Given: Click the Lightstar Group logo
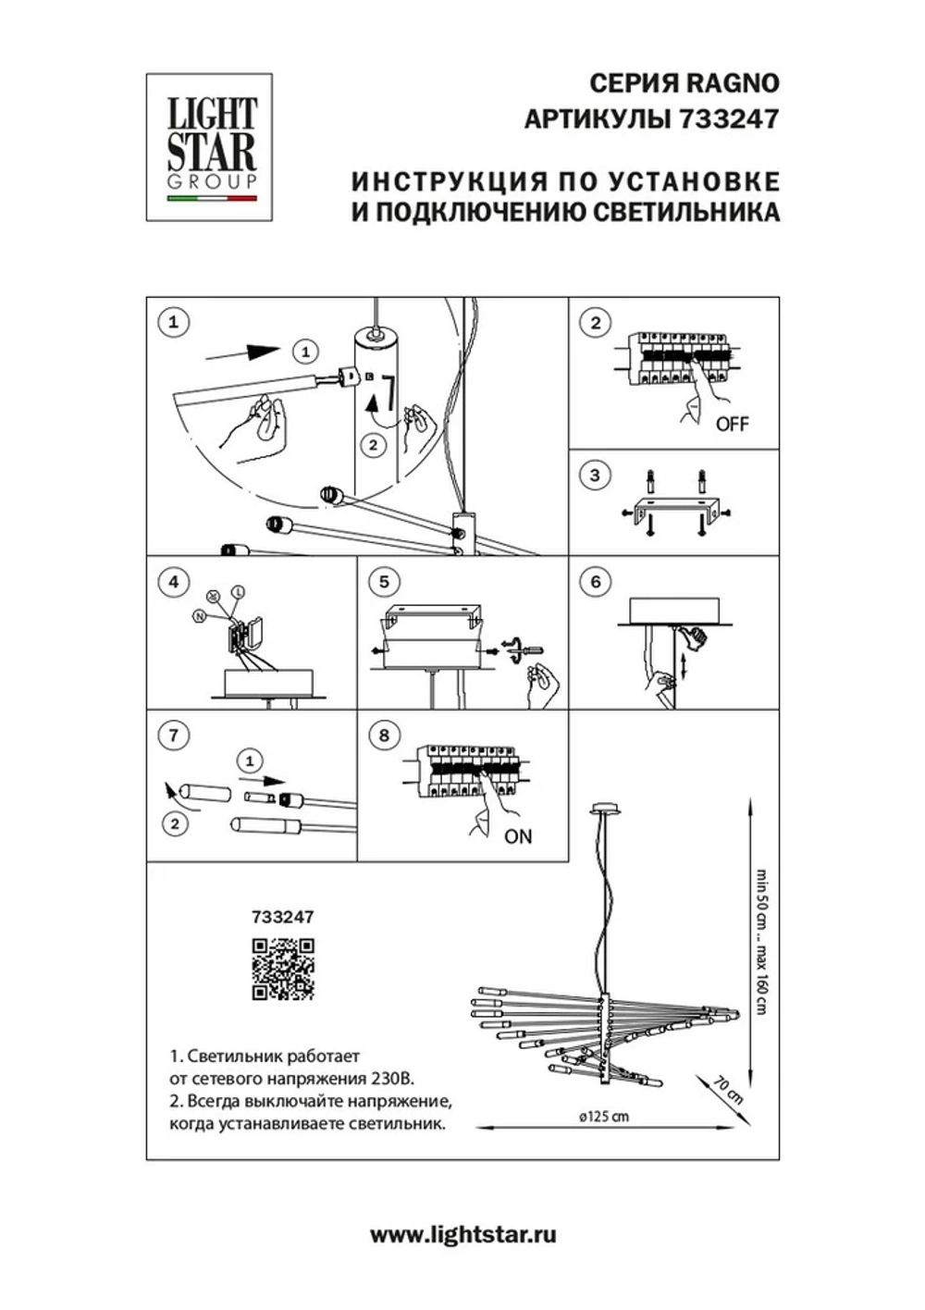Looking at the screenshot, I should [x=210, y=147].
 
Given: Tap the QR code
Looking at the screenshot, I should [x=283, y=969].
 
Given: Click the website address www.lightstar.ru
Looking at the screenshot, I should [x=462, y=1234].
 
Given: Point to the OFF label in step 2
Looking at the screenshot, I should [x=732, y=425].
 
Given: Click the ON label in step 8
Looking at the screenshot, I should [x=518, y=836].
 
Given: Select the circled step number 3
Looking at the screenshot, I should [x=595, y=476].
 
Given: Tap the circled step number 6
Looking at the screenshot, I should [x=595, y=581].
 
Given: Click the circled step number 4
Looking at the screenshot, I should [x=173, y=582].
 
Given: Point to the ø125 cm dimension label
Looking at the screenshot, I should [x=603, y=1116].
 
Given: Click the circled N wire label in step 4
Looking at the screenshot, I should [x=199, y=615].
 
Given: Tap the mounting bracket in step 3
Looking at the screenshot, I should [x=673, y=512].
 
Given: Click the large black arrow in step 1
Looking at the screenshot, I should [x=242, y=352].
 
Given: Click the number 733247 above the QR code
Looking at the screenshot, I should [x=282, y=917].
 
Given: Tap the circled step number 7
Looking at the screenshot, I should [x=173, y=735].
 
